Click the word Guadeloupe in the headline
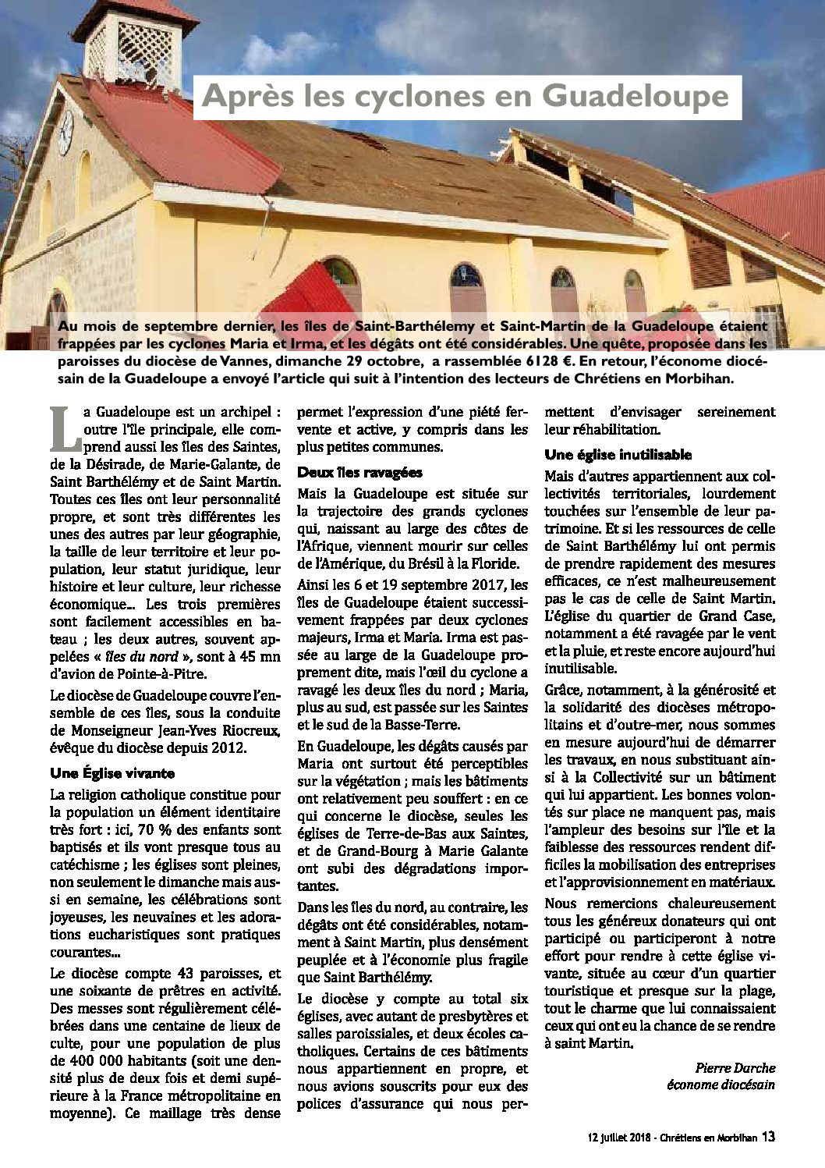pos(636,97)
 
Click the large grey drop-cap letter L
pos(65,428)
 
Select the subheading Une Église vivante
pos(112,773)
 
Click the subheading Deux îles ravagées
pos(359,472)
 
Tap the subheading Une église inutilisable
pos(618,455)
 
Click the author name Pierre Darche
pos(735,1068)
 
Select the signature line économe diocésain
pos(721,1085)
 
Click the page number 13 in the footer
pos(768,1137)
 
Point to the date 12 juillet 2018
pos(624,1138)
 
